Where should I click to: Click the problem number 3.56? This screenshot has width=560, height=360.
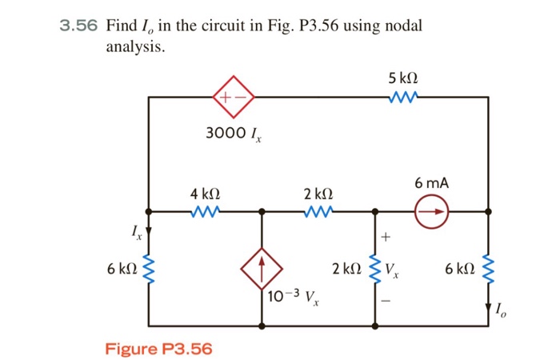point(78,26)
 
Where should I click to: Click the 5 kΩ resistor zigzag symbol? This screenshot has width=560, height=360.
point(403,98)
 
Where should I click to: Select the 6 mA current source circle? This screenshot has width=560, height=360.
point(432,212)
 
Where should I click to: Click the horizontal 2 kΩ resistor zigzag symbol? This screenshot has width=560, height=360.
point(318,212)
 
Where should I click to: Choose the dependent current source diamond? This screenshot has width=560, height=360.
point(262,270)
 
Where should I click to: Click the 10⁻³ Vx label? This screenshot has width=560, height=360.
point(293,298)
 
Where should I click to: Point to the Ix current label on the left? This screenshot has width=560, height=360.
point(137,233)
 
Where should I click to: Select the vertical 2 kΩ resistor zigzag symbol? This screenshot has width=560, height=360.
point(374,270)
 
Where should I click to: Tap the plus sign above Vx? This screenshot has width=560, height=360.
point(387,238)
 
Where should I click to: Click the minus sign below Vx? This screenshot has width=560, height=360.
point(387,302)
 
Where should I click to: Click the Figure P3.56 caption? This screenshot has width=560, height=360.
point(158,349)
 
